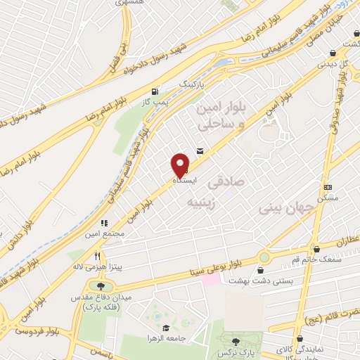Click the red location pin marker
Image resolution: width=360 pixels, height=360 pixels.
[x=181, y=165]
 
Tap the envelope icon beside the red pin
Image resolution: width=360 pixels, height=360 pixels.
[x=200, y=150]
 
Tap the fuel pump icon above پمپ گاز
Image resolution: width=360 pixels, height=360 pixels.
[x=154, y=91]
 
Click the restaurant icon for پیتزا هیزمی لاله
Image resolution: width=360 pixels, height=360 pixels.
[x=98, y=256]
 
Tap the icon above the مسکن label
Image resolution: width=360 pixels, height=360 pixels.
[x=328, y=187]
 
